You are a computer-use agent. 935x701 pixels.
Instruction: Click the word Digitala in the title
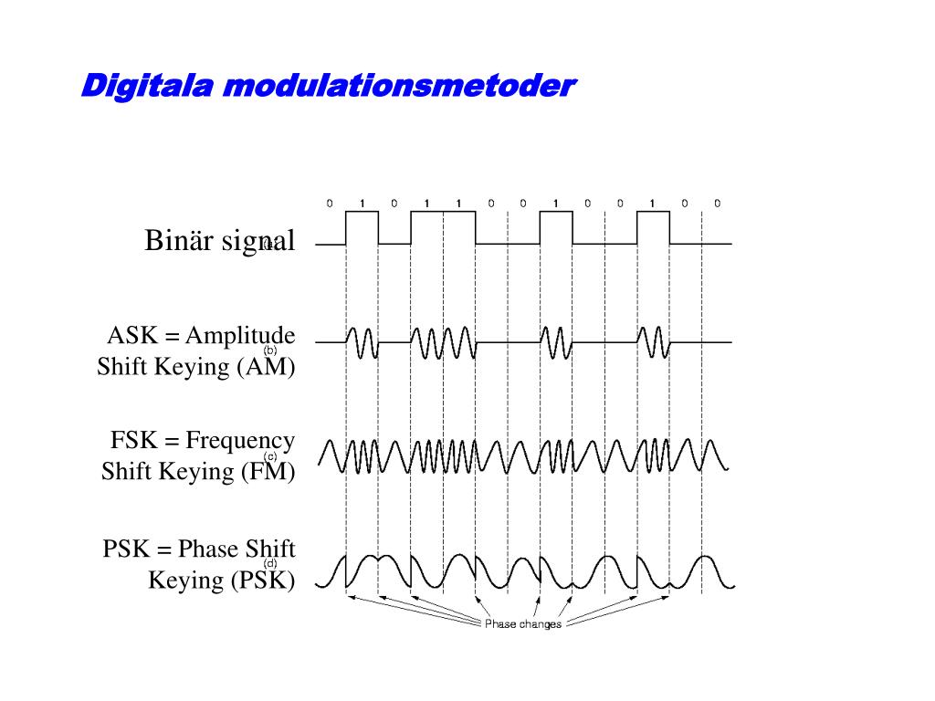tap(146, 87)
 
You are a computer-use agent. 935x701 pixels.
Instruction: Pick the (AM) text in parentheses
tap(268, 367)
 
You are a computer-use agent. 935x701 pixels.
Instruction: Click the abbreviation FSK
tap(131, 441)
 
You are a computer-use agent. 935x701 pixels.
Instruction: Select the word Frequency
tap(240, 441)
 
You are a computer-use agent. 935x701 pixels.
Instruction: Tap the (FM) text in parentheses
tap(269, 472)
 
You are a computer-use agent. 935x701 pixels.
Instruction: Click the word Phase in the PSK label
tap(208, 549)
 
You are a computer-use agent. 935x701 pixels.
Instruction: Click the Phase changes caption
tap(522, 624)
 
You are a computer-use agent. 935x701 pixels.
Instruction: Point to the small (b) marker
tap(270, 350)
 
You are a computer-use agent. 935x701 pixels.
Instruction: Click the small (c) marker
tap(270, 455)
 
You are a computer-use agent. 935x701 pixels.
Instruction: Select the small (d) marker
tap(270, 563)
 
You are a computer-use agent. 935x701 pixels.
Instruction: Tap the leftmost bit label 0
tap(330, 203)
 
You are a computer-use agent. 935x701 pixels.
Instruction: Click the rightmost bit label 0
tap(717, 203)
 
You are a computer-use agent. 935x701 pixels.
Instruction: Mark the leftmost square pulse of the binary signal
tap(362, 227)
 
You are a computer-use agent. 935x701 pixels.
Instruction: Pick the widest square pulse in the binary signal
tap(443, 227)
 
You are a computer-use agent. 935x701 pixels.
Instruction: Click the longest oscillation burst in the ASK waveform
tap(443, 342)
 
